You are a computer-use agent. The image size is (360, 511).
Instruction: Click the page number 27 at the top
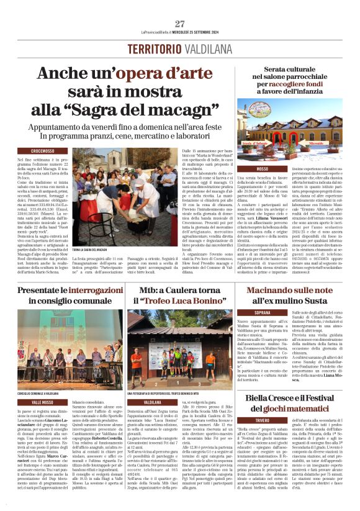[x=180, y=24]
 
